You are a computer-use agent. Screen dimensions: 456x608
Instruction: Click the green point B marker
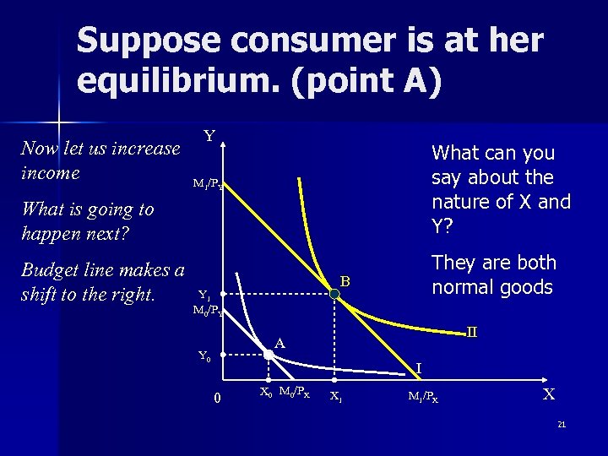coord(334,293)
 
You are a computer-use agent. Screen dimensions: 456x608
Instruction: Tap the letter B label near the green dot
coord(345,280)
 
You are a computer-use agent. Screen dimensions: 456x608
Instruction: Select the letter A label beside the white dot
coord(280,343)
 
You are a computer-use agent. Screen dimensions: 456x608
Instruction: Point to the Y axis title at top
coord(209,136)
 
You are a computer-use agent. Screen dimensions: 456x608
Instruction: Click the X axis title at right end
coord(549,394)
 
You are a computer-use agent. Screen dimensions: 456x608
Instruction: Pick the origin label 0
coord(217,398)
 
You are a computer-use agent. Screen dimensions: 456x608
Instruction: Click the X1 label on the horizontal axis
coord(335,395)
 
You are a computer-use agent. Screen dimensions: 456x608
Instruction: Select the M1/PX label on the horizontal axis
coord(422,395)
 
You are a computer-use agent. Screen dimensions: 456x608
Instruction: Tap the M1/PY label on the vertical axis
coord(207,183)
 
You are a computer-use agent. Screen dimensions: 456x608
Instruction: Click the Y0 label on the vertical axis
coord(204,356)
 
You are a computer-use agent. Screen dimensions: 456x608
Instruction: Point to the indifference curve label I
coord(420,368)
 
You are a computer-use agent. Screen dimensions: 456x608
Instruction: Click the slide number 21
coord(562,424)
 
